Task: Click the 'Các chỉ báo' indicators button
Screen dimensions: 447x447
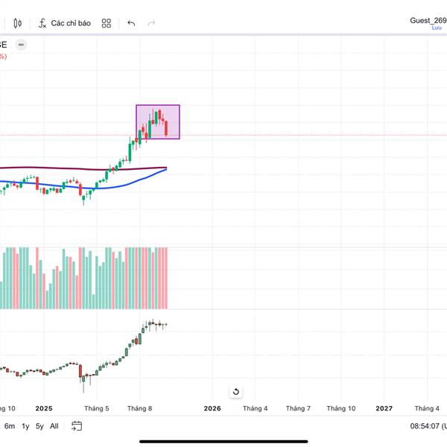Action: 65,23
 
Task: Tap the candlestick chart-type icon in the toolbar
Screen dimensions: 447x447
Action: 18,23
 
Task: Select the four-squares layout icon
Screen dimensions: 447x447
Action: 107,23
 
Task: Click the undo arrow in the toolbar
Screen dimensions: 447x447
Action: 131,23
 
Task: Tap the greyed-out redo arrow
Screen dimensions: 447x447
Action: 152,23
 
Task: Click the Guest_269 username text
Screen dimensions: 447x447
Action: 428,21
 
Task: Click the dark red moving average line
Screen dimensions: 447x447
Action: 74,168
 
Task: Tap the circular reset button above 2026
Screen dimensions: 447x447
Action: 235,392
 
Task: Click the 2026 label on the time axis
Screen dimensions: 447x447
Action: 212,408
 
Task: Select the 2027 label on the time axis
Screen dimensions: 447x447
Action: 384,408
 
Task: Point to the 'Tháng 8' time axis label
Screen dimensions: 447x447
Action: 139,408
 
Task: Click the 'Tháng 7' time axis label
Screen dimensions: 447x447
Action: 298,408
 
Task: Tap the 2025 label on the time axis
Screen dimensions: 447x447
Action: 43,408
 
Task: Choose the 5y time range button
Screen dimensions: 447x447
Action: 39,426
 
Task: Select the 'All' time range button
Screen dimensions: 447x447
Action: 54,426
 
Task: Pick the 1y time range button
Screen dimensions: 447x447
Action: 25,426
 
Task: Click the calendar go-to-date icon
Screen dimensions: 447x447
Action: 76,426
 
